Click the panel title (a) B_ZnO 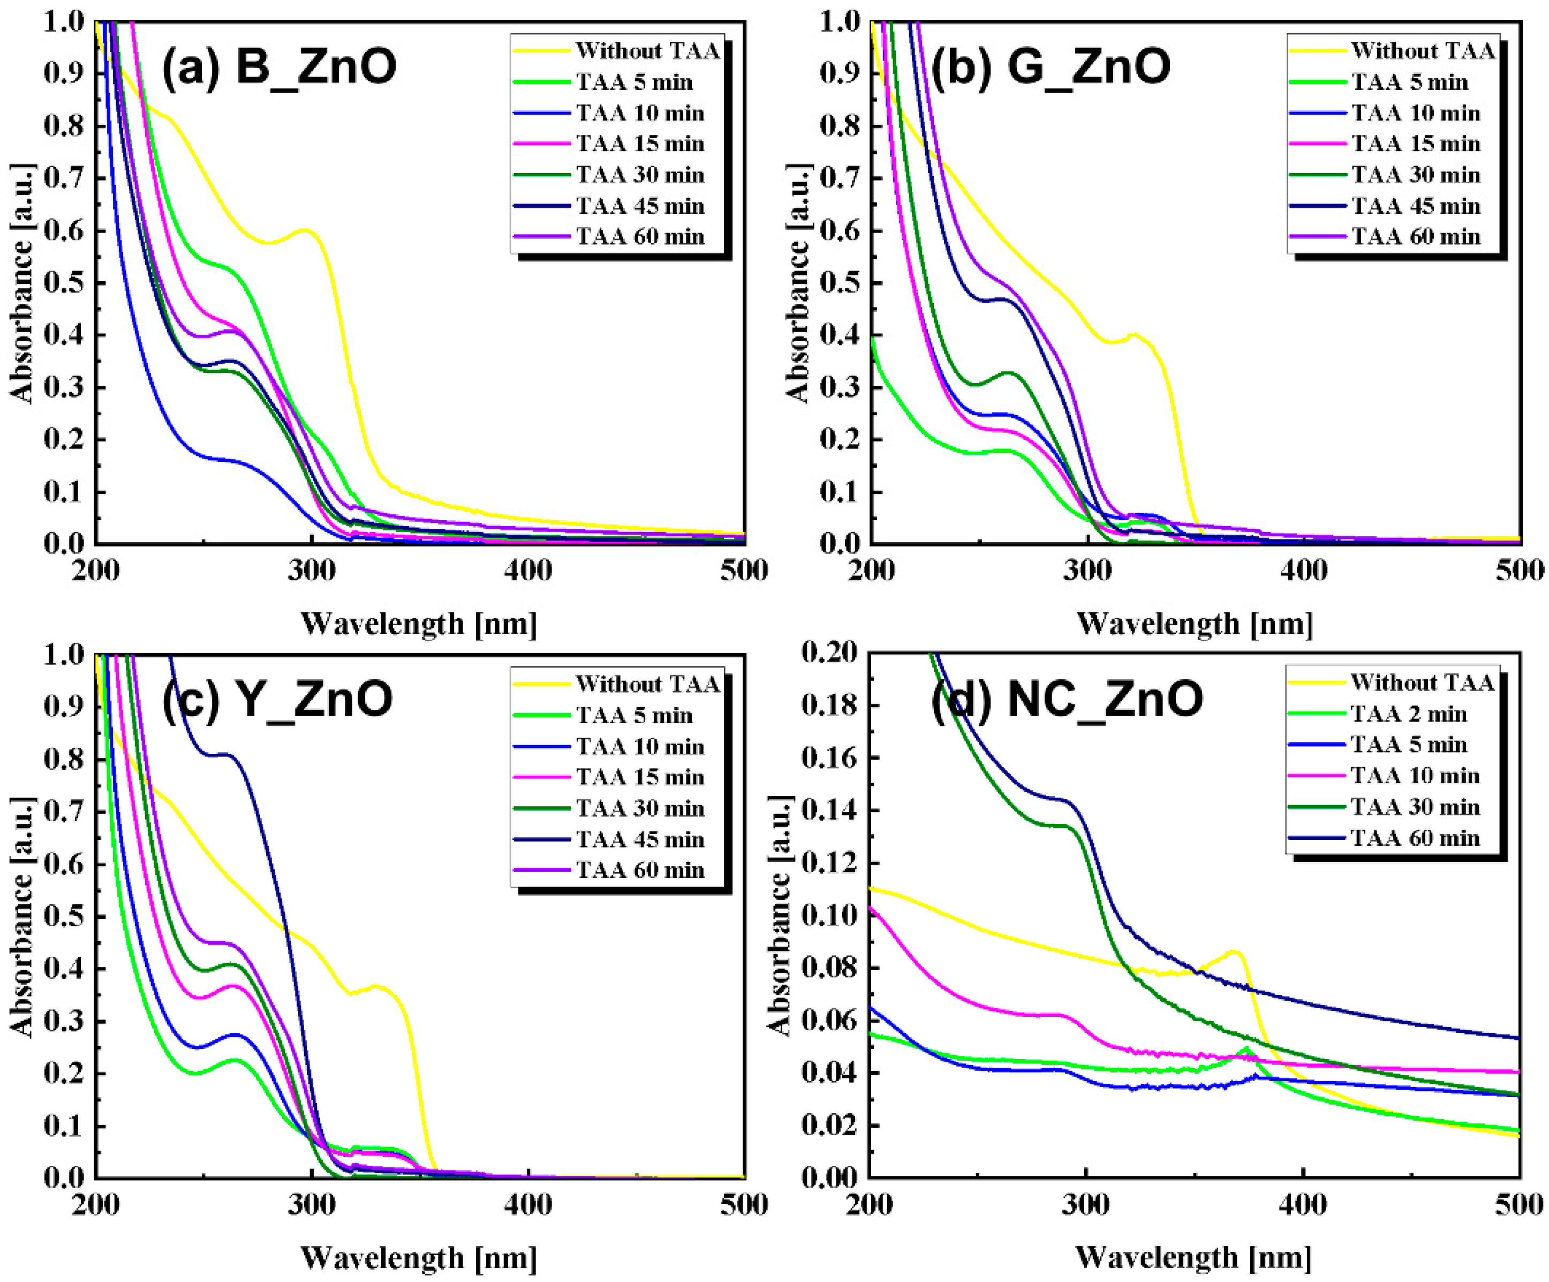click(x=279, y=66)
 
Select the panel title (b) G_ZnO click(x=1051, y=66)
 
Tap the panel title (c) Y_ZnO click(x=277, y=699)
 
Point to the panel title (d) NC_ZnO click(x=1067, y=699)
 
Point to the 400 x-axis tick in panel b click(x=1304, y=571)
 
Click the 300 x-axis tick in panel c click(x=312, y=1204)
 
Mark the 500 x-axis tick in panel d click(x=1520, y=1204)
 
